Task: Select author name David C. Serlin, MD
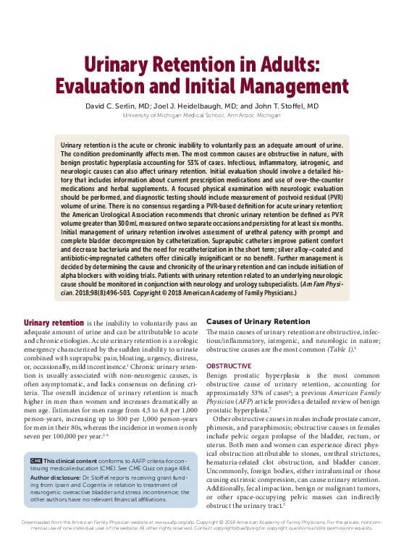(x=119, y=106)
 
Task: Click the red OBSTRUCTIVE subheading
(x=229, y=367)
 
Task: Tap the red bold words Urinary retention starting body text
(x=54, y=322)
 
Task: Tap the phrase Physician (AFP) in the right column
(x=230, y=400)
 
